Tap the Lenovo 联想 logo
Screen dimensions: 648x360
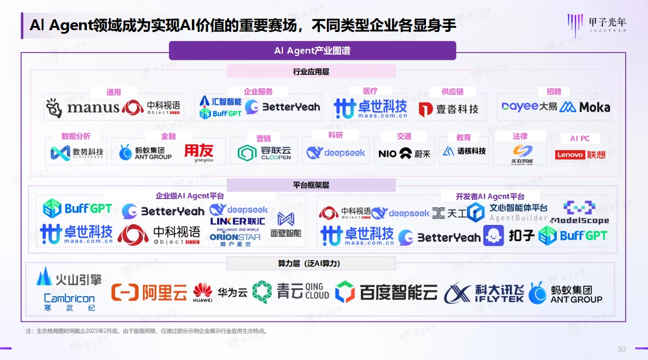(x=580, y=155)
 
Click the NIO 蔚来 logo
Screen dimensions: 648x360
(x=404, y=153)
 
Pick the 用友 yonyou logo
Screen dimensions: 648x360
(x=199, y=153)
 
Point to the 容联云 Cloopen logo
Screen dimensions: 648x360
(x=264, y=153)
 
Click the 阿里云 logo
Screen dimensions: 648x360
(x=149, y=292)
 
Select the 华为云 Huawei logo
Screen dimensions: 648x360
(x=220, y=292)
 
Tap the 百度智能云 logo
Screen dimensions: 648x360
(x=386, y=292)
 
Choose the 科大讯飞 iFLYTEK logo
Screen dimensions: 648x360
(x=483, y=293)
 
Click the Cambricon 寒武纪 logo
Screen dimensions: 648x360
(x=69, y=302)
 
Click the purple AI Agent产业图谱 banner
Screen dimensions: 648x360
(x=312, y=51)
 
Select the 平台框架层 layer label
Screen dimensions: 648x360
(x=311, y=185)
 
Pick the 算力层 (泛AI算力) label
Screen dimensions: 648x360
(x=311, y=264)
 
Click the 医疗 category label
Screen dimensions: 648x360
(x=370, y=91)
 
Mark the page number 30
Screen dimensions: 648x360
(x=621, y=350)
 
